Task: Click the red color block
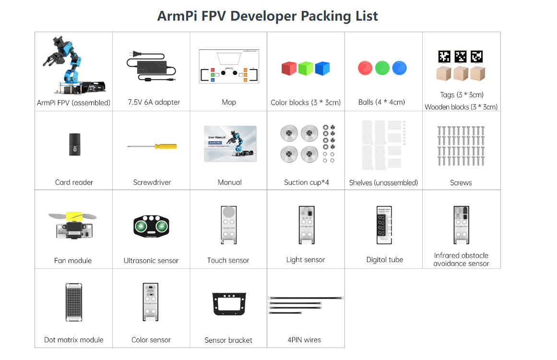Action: pos(289,68)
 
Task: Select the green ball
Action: pos(382,68)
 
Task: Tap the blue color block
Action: pos(322,68)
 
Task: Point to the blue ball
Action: pos(399,68)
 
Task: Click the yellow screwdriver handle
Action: pos(166,146)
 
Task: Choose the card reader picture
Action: pos(74,144)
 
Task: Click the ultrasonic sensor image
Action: pos(151,226)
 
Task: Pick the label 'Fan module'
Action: pos(73,261)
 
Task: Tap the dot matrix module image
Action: pos(74,302)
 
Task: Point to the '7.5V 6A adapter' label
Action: pos(154,102)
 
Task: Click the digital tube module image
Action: pos(384,225)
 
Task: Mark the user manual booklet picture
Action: pos(230,144)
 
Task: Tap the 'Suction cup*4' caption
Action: pos(306,182)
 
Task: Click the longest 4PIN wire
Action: pos(306,298)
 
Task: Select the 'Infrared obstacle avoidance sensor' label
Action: pos(461,259)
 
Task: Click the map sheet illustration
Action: pos(229,66)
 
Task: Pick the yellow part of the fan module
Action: pos(74,216)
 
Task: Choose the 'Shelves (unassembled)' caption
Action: pos(383,183)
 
